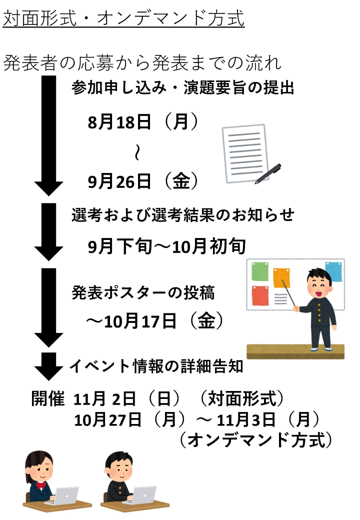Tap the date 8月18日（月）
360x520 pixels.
tap(143, 123)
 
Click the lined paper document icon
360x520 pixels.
tap(243, 152)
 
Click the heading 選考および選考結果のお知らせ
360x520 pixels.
tap(182, 215)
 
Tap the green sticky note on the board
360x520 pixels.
tap(259, 271)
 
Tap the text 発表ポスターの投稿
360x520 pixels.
tap(143, 292)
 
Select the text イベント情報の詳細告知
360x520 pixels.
tap(156, 366)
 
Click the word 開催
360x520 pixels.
tap(48, 399)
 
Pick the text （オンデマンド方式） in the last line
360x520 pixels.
tap(255, 439)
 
